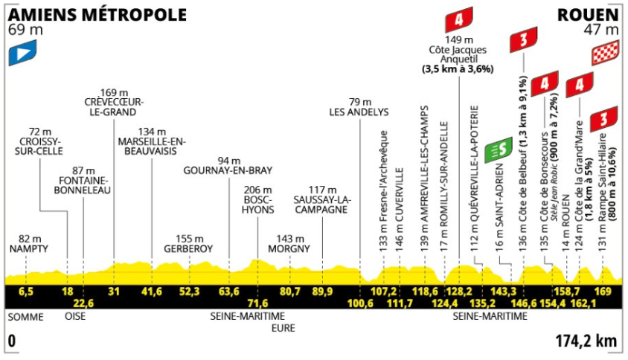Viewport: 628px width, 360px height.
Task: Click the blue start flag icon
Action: point(22,53)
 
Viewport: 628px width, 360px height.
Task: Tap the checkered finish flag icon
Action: point(605,53)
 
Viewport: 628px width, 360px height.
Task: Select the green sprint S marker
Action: point(499,150)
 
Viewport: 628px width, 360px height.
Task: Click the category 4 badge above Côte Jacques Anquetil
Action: point(459,19)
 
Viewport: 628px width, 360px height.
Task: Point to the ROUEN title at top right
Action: point(588,15)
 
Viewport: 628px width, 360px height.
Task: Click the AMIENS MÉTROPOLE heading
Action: point(97,15)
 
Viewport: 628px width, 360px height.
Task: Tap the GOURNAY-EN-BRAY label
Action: point(228,170)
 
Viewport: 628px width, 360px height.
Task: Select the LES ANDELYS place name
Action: point(359,112)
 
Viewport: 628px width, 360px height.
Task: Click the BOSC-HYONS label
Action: point(258,205)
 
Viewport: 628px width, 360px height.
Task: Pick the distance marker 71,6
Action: point(258,303)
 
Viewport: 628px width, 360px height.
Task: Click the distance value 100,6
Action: point(360,303)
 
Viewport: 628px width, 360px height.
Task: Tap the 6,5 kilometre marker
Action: point(26,291)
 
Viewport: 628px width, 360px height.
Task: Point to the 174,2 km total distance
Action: point(586,341)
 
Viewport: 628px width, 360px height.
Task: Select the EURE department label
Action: point(283,328)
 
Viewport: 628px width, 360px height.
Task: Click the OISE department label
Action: point(75,316)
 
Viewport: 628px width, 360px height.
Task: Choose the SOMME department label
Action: point(25,317)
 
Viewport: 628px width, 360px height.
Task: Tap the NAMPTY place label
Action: point(29,248)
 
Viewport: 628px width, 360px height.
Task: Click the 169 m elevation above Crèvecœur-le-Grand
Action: point(114,93)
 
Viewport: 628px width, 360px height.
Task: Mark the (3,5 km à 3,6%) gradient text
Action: point(458,69)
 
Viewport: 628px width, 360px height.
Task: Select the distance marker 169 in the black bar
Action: point(603,291)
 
